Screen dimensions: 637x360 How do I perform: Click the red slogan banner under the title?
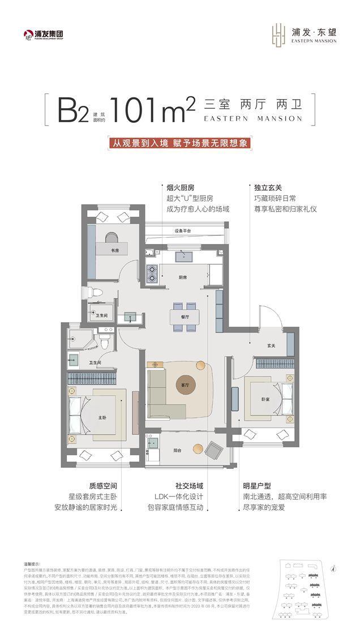click(179, 143)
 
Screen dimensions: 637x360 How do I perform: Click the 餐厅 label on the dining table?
click(183, 318)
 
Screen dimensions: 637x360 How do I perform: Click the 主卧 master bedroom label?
click(102, 418)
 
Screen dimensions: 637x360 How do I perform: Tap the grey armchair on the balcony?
click(214, 450)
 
